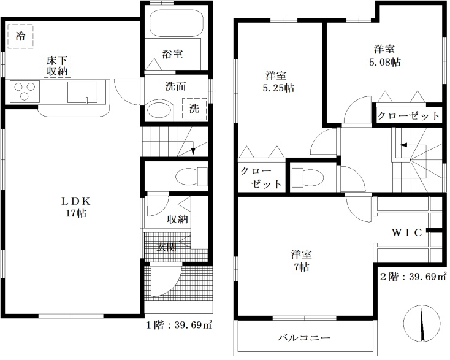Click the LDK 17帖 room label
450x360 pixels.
76,207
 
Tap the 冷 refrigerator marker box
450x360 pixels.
20,36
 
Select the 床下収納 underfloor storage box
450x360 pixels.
57,66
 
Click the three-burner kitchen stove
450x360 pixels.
25,91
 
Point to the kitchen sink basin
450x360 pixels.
82,92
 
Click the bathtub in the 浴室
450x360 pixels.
177,23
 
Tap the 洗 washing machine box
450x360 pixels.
194,109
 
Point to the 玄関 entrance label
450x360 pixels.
166,247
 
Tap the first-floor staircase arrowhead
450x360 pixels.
193,151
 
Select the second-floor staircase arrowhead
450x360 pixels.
403,144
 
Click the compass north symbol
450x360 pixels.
422,323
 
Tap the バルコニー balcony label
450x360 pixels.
304,337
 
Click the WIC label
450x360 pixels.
407,232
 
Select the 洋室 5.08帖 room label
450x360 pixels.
384,55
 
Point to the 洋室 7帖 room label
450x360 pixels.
302,261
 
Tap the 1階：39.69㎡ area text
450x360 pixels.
180,325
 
